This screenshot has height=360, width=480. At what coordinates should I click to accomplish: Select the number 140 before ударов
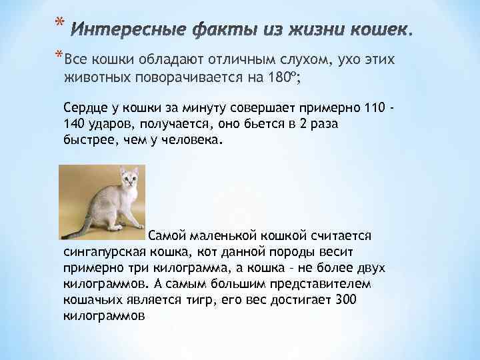click(x=75, y=125)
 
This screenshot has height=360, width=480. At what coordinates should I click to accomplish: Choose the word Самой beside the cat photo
click(x=167, y=236)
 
